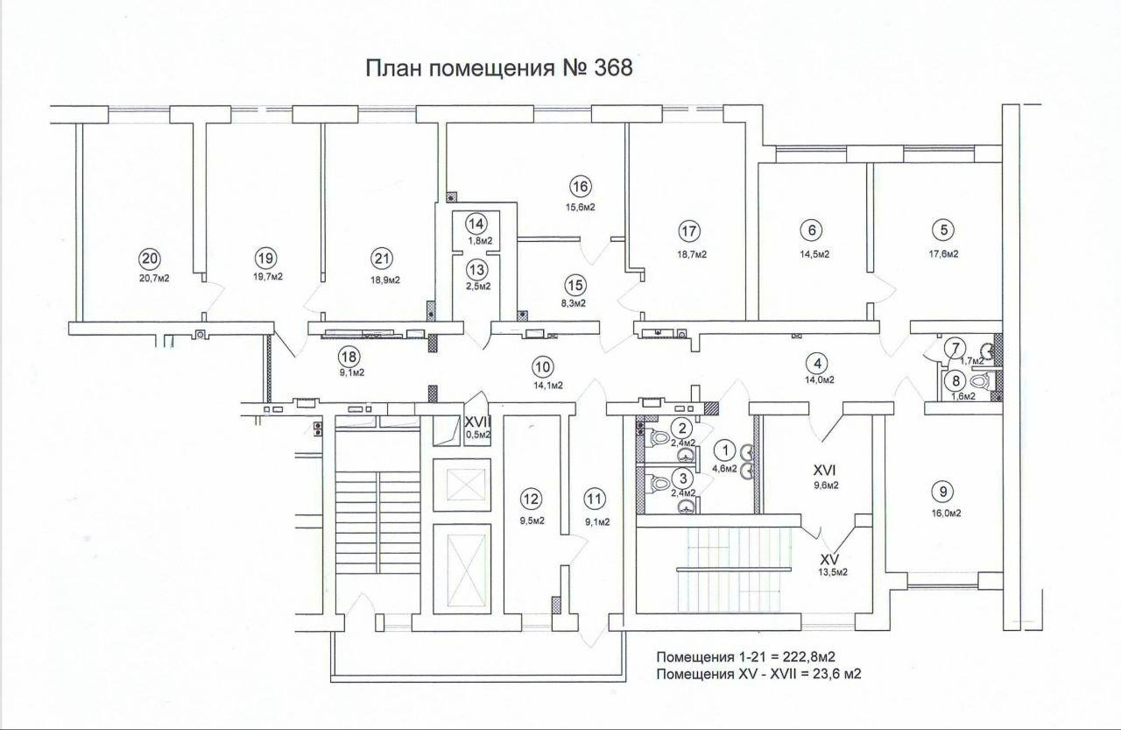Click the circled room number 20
tap(149, 259)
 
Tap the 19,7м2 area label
tap(268, 277)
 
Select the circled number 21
tap(382, 259)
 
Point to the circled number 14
tap(476, 223)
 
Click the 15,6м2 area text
tap(580, 208)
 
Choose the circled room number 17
tap(689, 231)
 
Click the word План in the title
tap(395, 68)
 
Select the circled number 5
tap(943, 230)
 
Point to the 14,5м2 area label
tap(814, 254)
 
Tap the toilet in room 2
tap(660, 438)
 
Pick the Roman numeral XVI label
tap(824, 470)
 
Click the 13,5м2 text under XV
tap(832, 572)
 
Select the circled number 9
tap(943, 492)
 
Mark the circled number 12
tap(531, 499)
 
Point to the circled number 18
tap(349, 357)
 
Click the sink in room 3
tap(686, 507)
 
